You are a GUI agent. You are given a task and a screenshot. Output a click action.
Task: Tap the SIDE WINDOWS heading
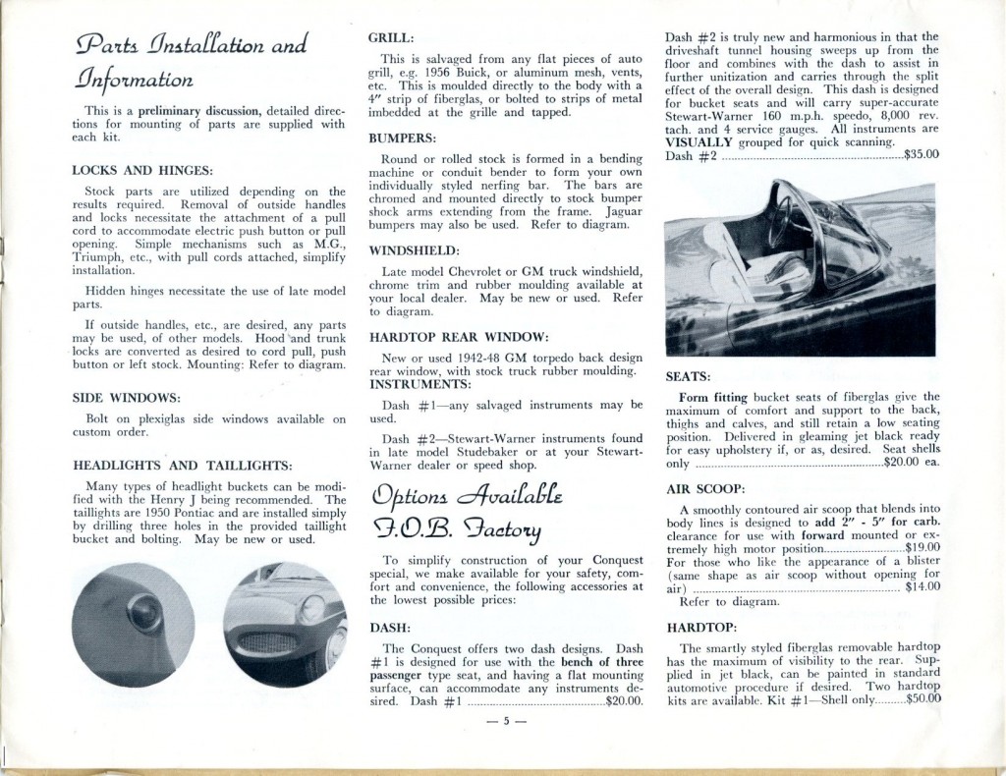click(127, 398)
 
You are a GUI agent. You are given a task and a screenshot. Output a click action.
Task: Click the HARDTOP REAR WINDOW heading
click(452, 336)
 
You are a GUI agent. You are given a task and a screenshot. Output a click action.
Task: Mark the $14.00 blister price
click(922, 586)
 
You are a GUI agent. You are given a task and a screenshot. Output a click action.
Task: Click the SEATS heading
click(689, 375)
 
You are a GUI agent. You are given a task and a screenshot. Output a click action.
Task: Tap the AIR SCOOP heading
click(705, 488)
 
